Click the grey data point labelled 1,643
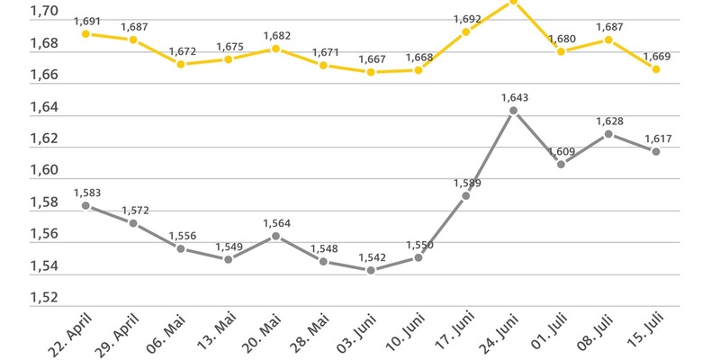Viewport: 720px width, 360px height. point(513,111)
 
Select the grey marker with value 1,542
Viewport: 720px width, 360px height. point(371,270)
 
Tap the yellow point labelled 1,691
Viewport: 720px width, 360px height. point(85,33)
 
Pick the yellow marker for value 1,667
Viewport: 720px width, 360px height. point(371,72)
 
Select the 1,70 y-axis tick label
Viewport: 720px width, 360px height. point(45,12)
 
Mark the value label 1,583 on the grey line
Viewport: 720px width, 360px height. point(86,192)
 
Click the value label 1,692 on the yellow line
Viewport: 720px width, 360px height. point(466,17)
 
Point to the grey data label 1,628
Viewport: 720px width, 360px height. point(608,121)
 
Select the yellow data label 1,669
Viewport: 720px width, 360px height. point(656,56)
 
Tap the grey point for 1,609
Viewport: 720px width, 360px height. point(561,164)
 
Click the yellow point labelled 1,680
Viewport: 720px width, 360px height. point(561,51)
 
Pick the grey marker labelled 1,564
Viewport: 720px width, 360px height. point(276,236)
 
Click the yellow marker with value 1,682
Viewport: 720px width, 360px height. point(276,49)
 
